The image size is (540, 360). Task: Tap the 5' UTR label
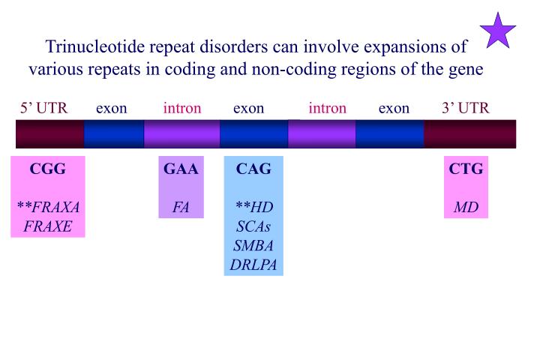pyautogui.click(x=43, y=108)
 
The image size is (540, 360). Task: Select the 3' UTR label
pyautogui.click(x=465, y=108)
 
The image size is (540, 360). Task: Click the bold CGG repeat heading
pyautogui.click(x=48, y=169)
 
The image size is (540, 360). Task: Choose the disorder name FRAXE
pyautogui.click(x=48, y=226)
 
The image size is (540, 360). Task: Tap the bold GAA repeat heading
pyautogui.click(x=181, y=169)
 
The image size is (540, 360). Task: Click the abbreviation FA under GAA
pyautogui.click(x=181, y=207)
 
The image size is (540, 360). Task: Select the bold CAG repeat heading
pyautogui.click(x=253, y=169)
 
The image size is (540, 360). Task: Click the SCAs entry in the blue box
pyautogui.click(x=253, y=226)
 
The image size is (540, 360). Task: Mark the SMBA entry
pyautogui.click(x=253, y=245)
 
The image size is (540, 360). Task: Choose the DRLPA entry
pyautogui.click(x=253, y=264)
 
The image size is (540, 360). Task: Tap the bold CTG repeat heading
pyautogui.click(x=466, y=169)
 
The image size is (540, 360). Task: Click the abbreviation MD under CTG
pyautogui.click(x=466, y=207)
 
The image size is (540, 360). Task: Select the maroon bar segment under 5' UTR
pyautogui.click(x=49, y=133)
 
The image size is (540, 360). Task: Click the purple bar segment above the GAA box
pyautogui.click(x=181, y=133)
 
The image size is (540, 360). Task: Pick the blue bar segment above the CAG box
pyautogui.click(x=253, y=133)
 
